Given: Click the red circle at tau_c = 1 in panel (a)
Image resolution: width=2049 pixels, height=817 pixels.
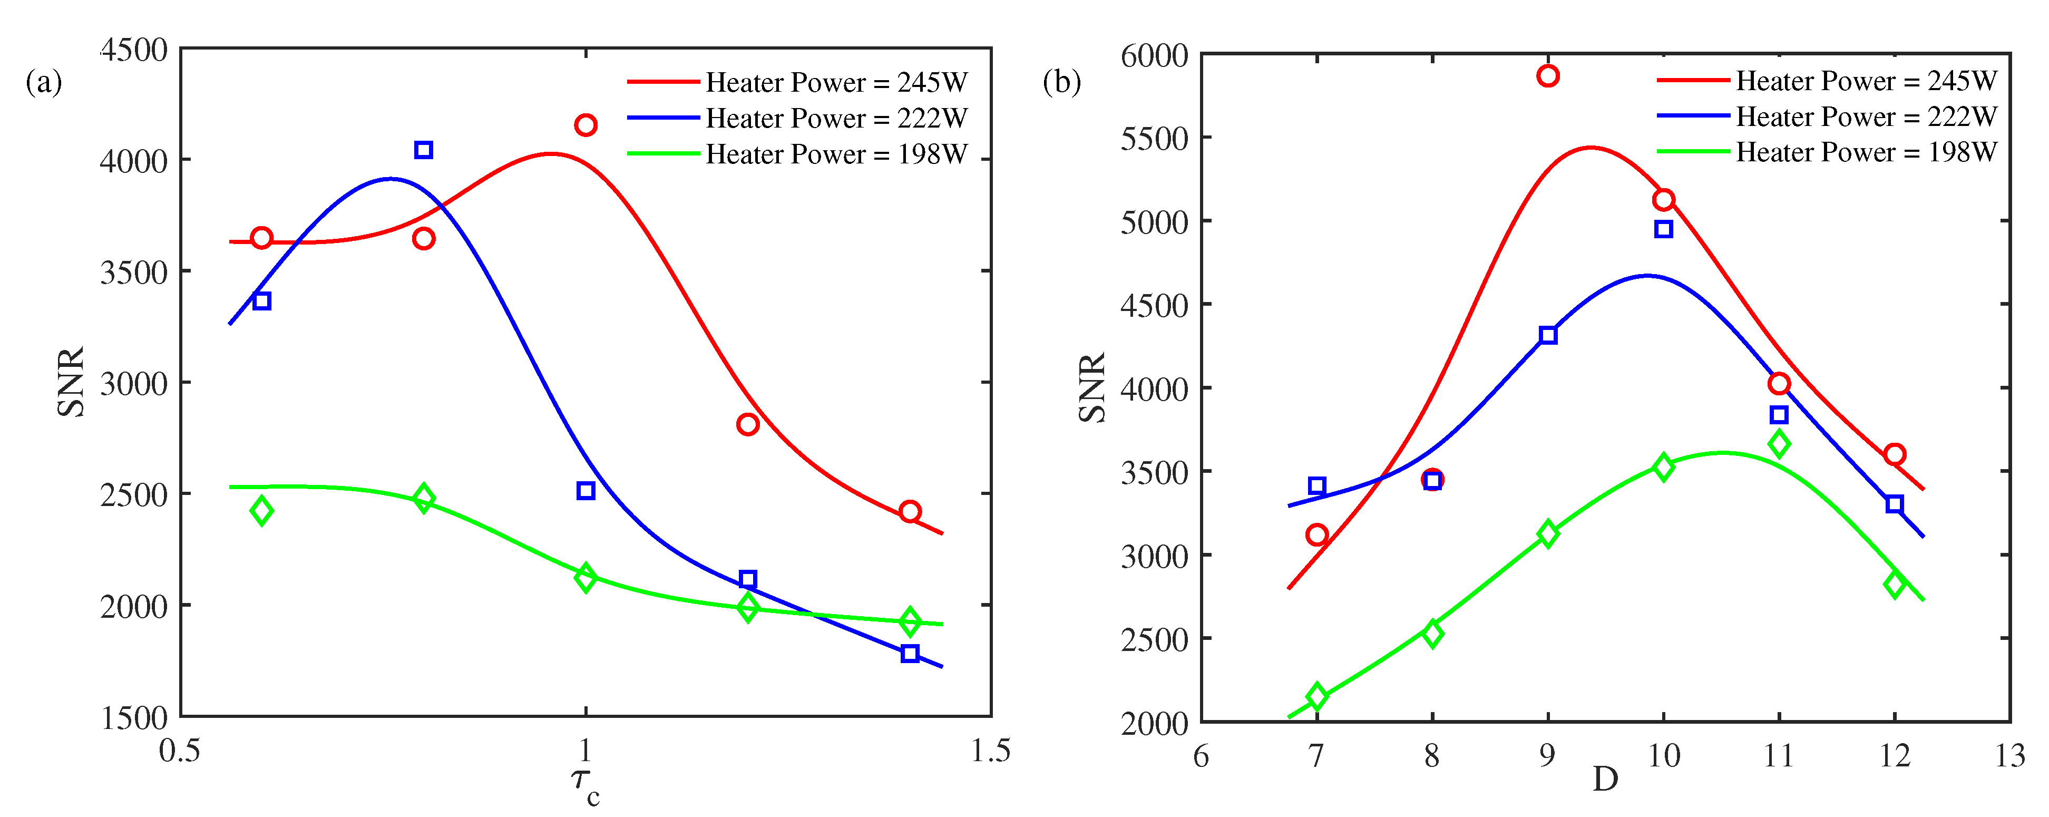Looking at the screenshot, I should coord(586,125).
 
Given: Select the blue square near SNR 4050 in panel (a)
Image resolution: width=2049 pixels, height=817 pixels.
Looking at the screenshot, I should coord(423,150).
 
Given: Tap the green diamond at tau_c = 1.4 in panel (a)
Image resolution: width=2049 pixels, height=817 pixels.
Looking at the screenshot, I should coord(910,622).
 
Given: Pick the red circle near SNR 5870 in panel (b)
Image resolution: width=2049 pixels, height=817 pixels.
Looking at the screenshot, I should coord(1548,75).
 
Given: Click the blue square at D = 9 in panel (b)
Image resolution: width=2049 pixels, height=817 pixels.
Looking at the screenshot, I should coord(1548,335).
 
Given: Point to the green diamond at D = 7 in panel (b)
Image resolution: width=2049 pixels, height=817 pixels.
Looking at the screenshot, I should coord(1316,697).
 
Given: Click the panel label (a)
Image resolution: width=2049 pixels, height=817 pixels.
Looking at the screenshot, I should coord(44,81).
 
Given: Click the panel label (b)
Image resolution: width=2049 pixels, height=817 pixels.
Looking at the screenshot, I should coord(1062,81).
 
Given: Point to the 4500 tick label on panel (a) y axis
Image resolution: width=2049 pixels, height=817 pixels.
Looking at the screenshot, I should coord(134,50).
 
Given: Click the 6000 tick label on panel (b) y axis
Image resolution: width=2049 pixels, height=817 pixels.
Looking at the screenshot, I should coord(1154,56).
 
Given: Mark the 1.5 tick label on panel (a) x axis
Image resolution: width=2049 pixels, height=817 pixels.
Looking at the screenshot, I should coord(990,750).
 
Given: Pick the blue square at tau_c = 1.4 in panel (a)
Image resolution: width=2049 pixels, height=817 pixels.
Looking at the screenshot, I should coord(910,653).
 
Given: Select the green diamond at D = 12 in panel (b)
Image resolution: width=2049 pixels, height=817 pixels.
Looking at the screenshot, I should coord(1895,585).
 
